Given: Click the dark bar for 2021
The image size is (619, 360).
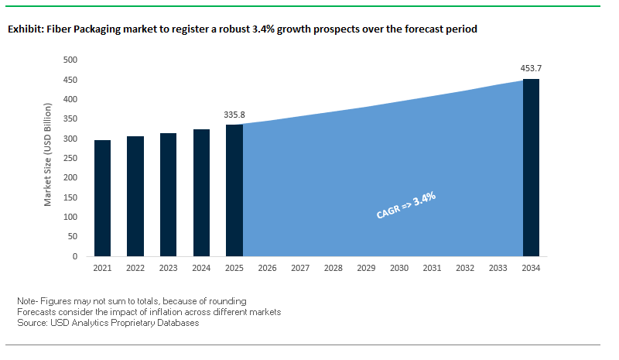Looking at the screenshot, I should (102, 198).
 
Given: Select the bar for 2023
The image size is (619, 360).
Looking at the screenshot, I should (168, 194).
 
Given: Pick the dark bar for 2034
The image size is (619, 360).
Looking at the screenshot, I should (531, 167).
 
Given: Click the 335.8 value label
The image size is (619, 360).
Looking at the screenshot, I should (234, 115).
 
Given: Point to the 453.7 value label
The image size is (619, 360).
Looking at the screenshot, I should (531, 69).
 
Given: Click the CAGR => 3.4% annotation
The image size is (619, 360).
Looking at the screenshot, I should (406, 206).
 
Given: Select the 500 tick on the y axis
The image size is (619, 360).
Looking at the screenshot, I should (70, 60).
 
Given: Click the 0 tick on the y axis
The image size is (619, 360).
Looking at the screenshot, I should (75, 256).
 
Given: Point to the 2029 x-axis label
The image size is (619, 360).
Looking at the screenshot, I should (366, 268).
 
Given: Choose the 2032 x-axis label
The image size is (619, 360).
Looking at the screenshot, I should (465, 268).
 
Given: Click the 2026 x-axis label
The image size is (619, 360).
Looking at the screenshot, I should (267, 268).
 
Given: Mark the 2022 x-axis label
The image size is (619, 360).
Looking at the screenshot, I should (135, 268).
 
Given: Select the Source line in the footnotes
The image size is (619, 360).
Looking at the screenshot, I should (108, 323).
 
